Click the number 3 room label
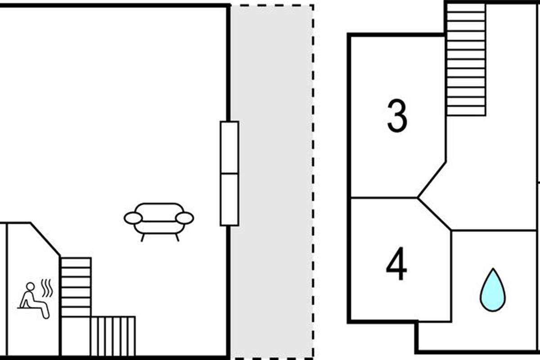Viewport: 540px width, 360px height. [x=397, y=117]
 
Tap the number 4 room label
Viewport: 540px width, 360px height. [x=396, y=266]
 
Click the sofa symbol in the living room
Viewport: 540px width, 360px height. [x=159, y=219]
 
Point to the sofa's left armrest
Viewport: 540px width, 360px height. [x=133, y=218]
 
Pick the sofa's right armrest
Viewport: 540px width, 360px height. [x=184, y=218]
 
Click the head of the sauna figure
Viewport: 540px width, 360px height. [x=30, y=286]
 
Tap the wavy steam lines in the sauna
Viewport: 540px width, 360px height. [x=46, y=288]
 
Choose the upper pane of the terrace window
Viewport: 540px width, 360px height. [x=229, y=147]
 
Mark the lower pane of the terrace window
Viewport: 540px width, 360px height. [x=229, y=199]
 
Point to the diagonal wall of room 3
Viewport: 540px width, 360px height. [x=432, y=180]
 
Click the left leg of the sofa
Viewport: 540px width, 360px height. [x=143, y=237]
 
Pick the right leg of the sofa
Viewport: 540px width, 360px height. [x=177, y=237]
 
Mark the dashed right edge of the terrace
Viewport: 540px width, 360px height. [x=313, y=180]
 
